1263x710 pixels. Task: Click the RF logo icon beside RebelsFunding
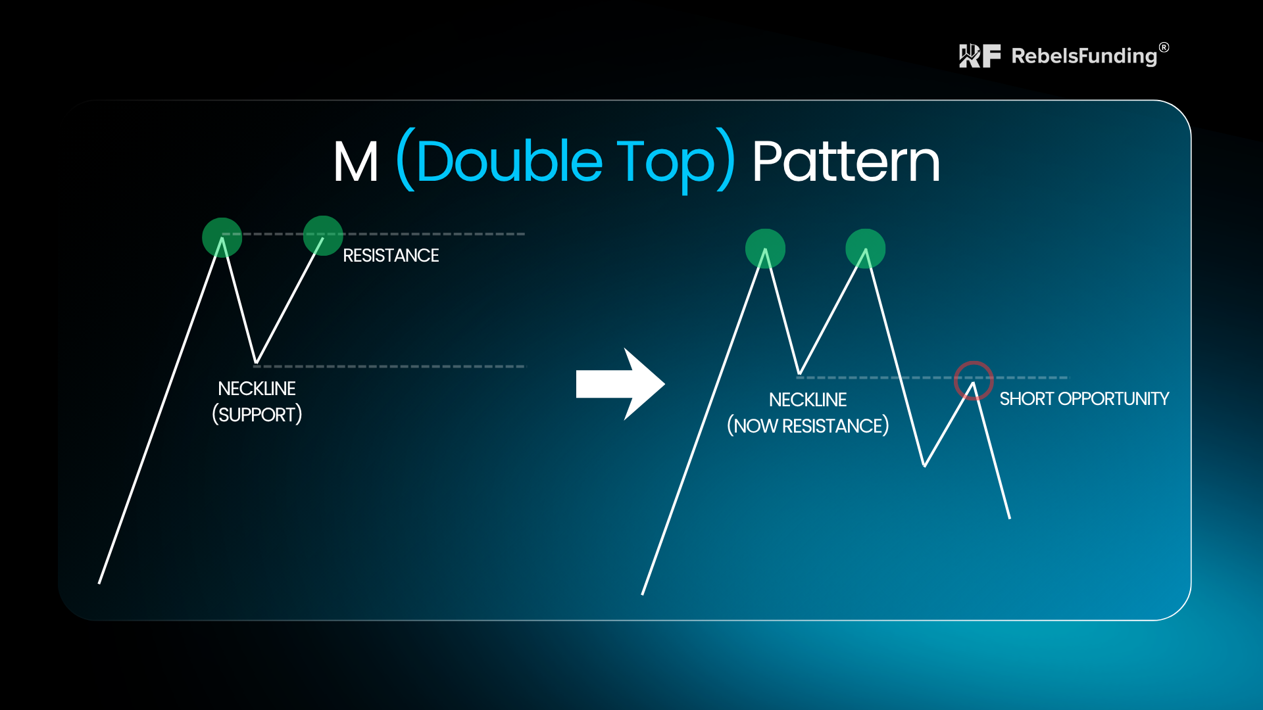pos(980,56)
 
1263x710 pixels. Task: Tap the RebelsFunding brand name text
pos(1084,56)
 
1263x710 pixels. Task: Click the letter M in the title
pos(356,162)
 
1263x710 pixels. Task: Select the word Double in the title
pos(509,160)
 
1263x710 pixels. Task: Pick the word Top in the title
pos(666,164)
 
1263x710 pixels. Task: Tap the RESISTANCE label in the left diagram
pos(391,255)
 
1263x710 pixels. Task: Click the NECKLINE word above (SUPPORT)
pos(257,389)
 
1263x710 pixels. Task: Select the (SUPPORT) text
pos(257,415)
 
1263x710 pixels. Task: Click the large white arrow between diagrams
pos(620,384)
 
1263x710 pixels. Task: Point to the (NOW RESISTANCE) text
pos(808,426)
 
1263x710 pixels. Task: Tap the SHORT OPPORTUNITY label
pos(1084,398)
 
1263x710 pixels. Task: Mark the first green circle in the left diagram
pos(222,237)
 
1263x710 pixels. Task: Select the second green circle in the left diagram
pos(323,235)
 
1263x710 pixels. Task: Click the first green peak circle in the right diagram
pos(765,248)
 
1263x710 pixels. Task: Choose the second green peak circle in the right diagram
pos(866,248)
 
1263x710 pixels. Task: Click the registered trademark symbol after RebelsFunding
pos(1164,47)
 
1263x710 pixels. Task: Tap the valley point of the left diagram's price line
pos(256,362)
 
